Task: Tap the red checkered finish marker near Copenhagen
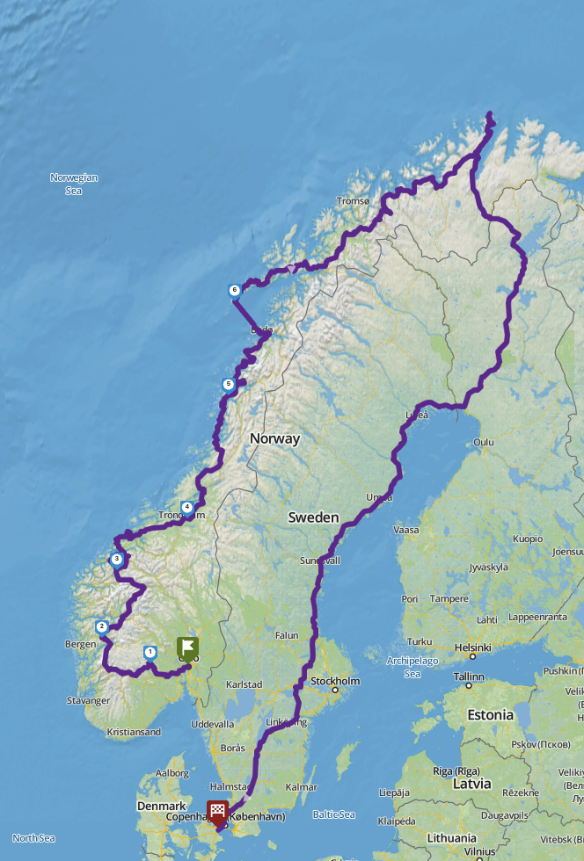coord(217,812)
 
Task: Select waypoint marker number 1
coord(150,653)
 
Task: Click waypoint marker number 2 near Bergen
coord(102,627)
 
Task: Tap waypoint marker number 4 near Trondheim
coord(186,507)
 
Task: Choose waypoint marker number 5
coord(229,384)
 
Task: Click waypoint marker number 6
coord(234,291)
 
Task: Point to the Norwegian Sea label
coord(74,184)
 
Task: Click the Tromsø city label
coord(354,201)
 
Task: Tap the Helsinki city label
coord(471,648)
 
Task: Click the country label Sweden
coord(313,518)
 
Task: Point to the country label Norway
coord(274,438)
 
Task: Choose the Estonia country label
coord(491,715)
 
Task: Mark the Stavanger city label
coord(89,701)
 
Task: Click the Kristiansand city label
coord(134,732)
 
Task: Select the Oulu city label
coord(484,442)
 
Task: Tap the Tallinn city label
coord(469,676)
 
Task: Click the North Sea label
coord(33,838)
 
